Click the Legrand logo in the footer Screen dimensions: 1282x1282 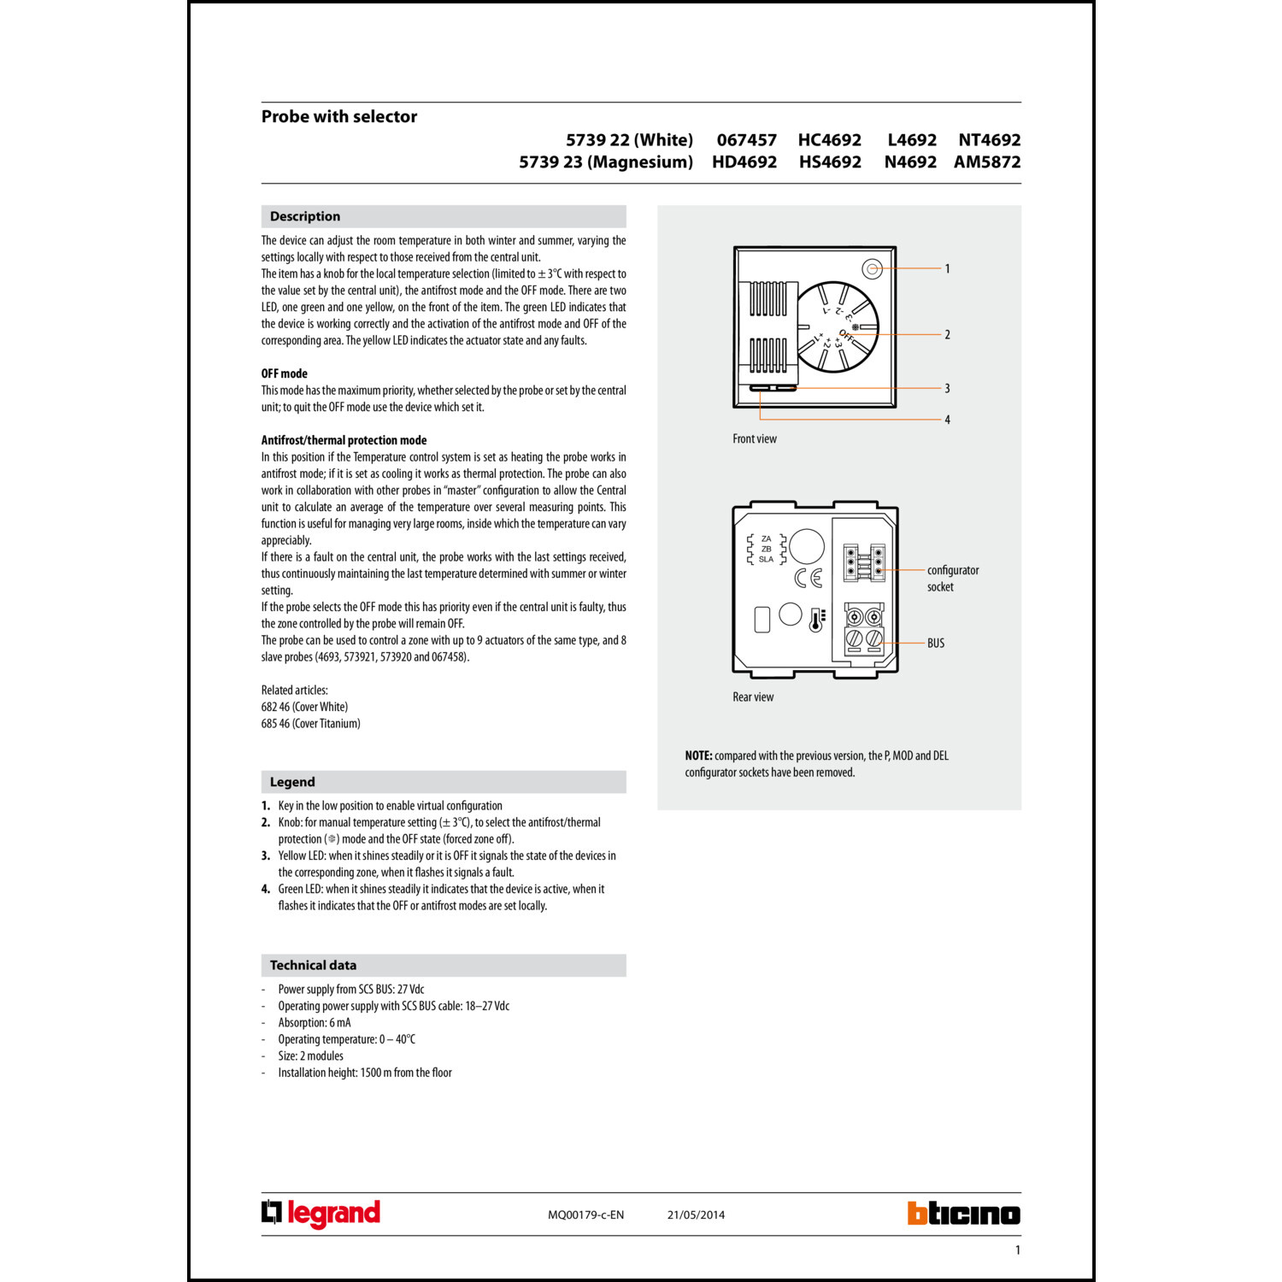tap(320, 1214)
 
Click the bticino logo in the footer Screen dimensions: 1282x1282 tap(963, 1214)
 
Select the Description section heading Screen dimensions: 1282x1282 tap(305, 216)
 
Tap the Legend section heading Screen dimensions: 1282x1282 tap(292, 782)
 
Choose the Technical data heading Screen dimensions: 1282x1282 tap(313, 965)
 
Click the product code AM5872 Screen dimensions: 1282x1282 tap(987, 162)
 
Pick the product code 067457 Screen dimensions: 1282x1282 tap(746, 139)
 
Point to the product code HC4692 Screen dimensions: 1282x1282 tap(829, 139)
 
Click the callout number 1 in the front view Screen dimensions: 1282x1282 tap(947, 268)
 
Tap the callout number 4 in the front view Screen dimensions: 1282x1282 tap(947, 420)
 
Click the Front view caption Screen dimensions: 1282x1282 tap(755, 438)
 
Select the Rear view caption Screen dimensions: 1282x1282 tap(753, 697)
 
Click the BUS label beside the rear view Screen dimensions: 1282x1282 tap(936, 643)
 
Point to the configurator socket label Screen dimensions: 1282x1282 tap(952, 578)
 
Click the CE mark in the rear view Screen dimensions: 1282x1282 tap(808, 579)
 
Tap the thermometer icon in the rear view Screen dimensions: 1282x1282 tap(817, 620)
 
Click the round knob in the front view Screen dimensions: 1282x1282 tap(837, 327)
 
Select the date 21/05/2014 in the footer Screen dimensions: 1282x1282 tap(696, 1214)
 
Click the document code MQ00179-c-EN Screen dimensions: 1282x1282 tap(585, 1214)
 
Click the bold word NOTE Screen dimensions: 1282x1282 tap(698, 756)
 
